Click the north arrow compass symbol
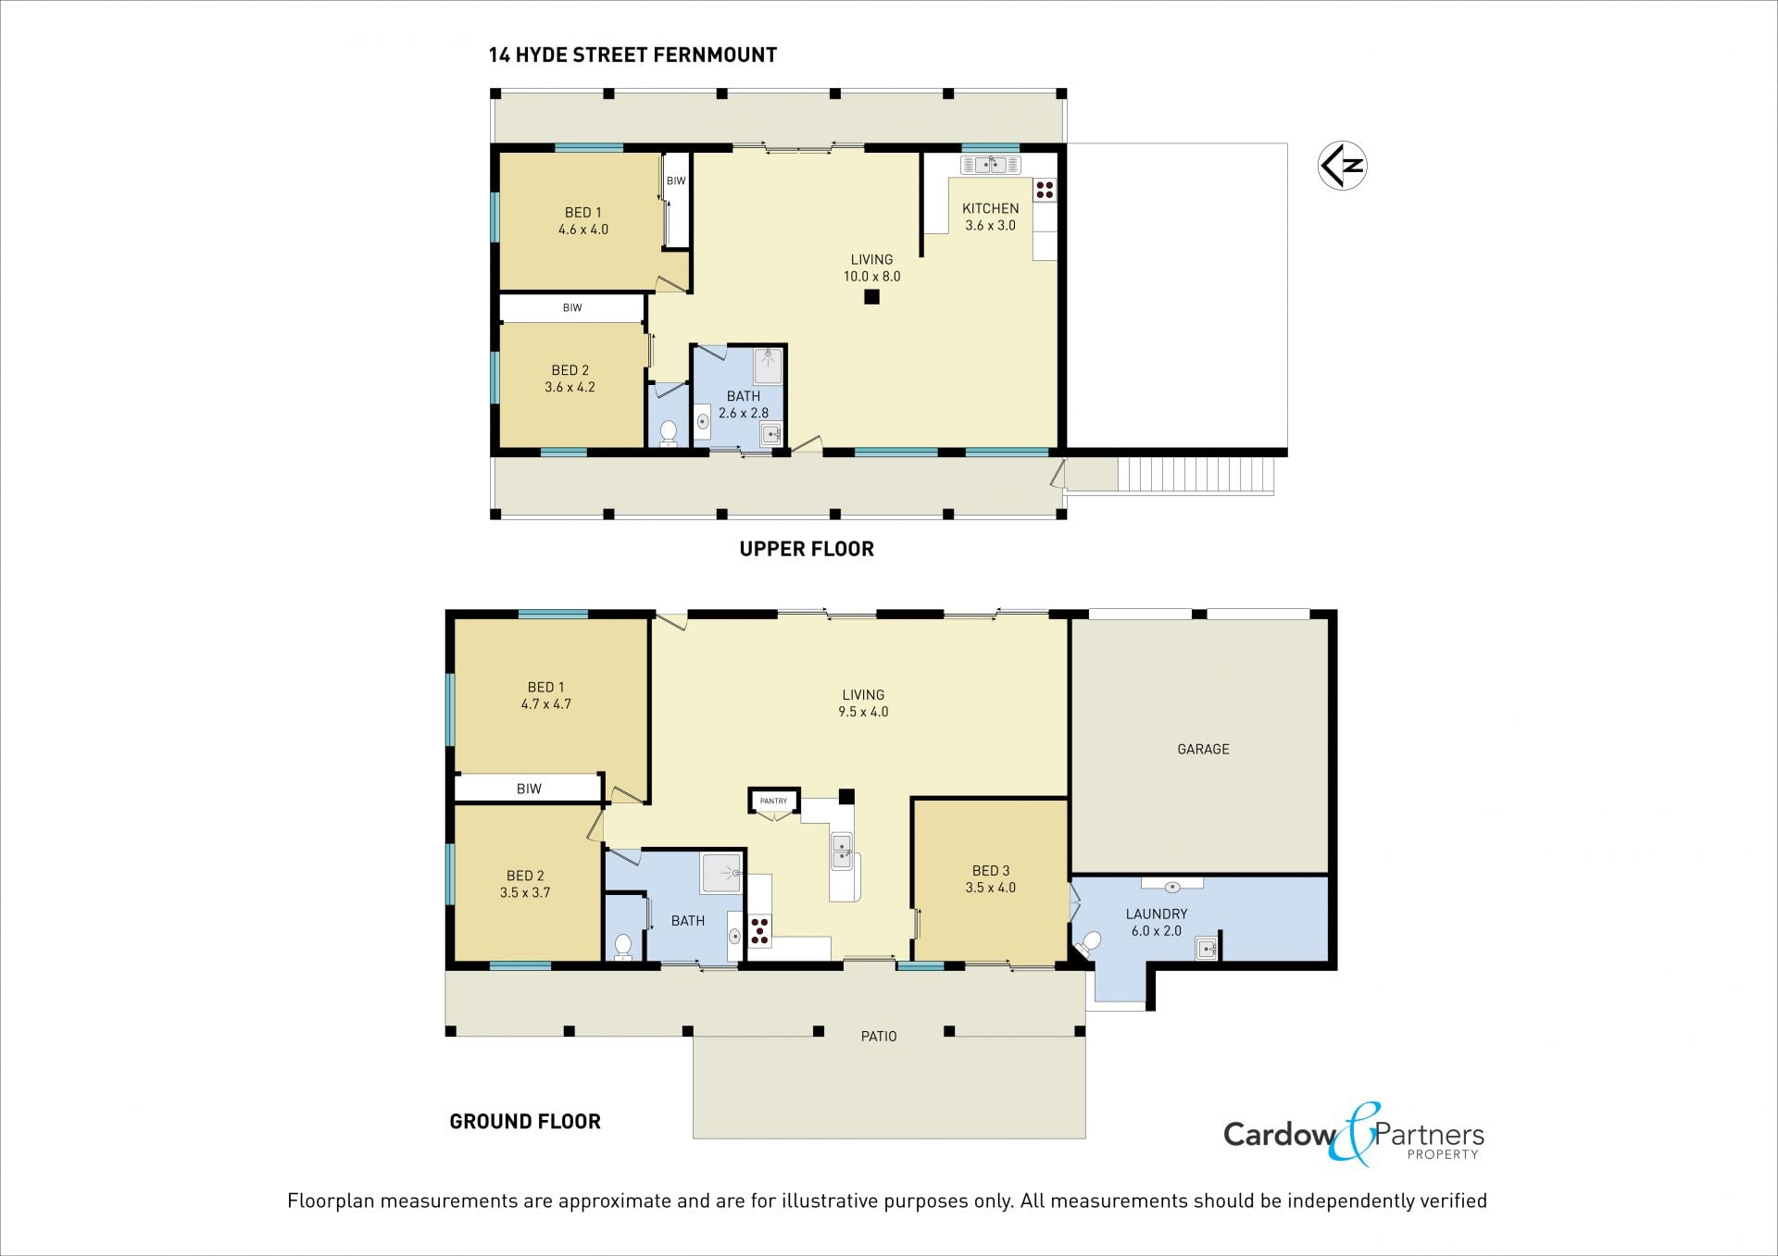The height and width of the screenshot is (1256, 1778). tap(1342, 166)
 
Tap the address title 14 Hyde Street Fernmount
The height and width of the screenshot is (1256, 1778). tap(632, 55)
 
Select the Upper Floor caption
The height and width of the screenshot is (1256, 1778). tap(807, 549)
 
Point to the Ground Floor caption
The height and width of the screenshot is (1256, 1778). tap(525, 1122)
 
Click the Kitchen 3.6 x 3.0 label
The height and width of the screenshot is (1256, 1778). tap(990, 217)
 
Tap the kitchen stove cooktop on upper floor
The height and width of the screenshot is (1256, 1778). tap(1045, 190)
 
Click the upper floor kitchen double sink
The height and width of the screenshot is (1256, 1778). tap(991, 165)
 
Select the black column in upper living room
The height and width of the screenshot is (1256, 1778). tap(871, 297)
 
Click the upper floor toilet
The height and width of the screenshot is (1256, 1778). tap(668, 432)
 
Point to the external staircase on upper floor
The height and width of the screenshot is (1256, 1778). tap(1196, 476)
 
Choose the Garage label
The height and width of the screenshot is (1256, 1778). tap(1203, 749)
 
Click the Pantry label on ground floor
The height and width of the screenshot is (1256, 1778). tap(773, 801)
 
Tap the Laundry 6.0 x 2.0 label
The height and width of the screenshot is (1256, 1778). tap(1157, 922)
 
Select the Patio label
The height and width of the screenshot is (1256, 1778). tap(879, 1037)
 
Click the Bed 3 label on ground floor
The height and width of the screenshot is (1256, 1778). tap(991, 878)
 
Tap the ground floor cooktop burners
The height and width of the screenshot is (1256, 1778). tap(759, 930)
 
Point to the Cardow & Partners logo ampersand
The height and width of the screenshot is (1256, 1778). tap(1354, 1133)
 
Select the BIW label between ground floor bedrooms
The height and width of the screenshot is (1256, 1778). tap(529, 789)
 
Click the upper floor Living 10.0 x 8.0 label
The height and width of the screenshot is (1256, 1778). tap(871, 267)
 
